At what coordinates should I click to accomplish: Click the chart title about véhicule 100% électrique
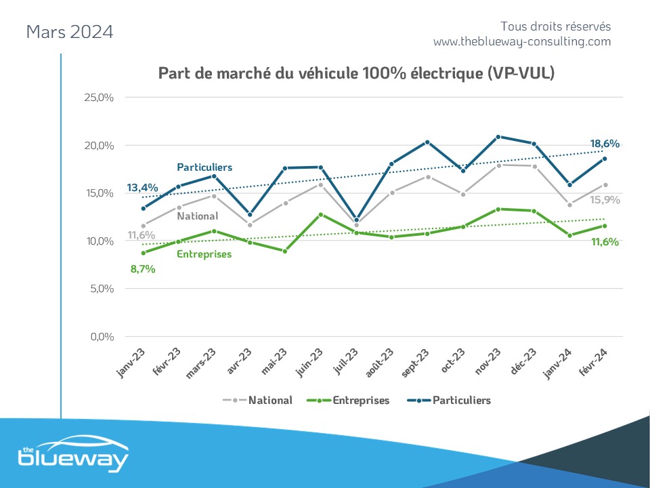(x=356, y=73)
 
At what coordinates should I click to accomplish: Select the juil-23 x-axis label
(x=346, y=360)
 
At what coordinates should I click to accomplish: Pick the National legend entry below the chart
(x=258, y=400)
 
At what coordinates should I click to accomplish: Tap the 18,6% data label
(x=605, y=144)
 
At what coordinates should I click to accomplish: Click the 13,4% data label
(x=142, y=188)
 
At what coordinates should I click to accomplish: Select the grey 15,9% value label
(x=605, y=200)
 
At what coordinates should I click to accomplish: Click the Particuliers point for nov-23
(x=498, y=137)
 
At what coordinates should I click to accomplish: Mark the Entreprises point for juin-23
(x=321, y=215)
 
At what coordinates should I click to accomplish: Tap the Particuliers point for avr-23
(x=250, y=215)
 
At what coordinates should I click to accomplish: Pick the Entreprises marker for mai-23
(x=285, y=251)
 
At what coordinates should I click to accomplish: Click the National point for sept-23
(x=427, y=177)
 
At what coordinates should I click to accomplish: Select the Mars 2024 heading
(x=69, y=32)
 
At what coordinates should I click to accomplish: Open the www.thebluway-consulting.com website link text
(x=522, y=42)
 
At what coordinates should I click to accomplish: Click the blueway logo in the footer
(x=72, y=459)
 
